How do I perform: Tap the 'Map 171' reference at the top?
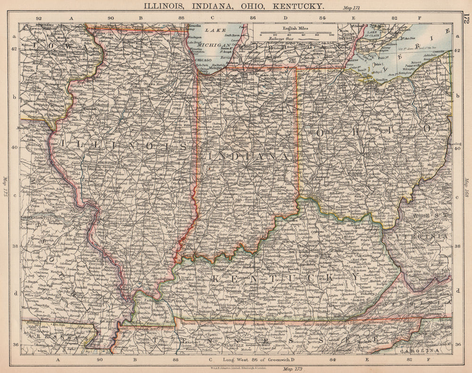(352, 8)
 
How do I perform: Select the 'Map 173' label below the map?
(287, 368)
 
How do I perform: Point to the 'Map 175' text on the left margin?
(6, 187)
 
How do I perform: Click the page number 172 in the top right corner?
(466, 19)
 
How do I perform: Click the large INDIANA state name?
(247, 155)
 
